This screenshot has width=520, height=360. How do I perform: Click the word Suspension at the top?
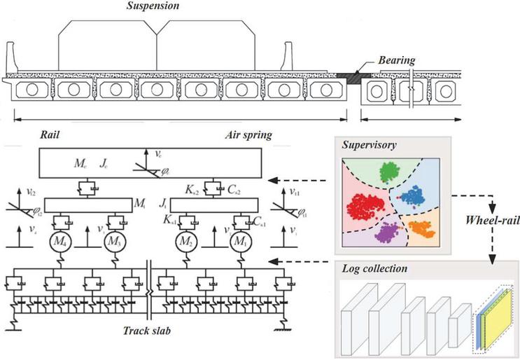coord(153,6)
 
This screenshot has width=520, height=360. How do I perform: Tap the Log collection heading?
coord(375,268)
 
